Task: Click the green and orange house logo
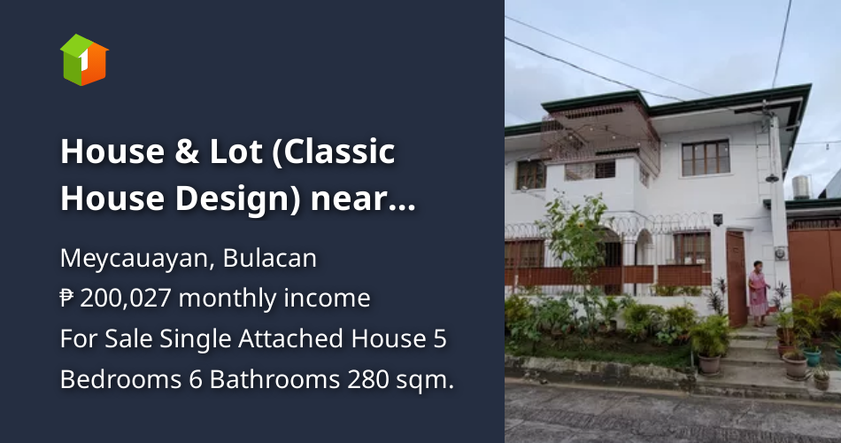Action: coord(84,59)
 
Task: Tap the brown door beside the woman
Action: coord(737,276)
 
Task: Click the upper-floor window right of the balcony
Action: coord(706,158)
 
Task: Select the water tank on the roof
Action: coord(802,186)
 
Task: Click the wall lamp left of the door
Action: coord(717,218)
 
